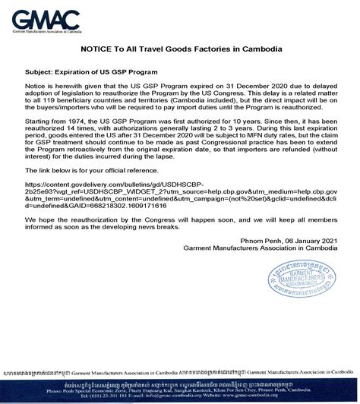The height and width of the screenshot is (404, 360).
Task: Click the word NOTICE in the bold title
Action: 96,49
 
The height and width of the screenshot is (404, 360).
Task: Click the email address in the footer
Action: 147,396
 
